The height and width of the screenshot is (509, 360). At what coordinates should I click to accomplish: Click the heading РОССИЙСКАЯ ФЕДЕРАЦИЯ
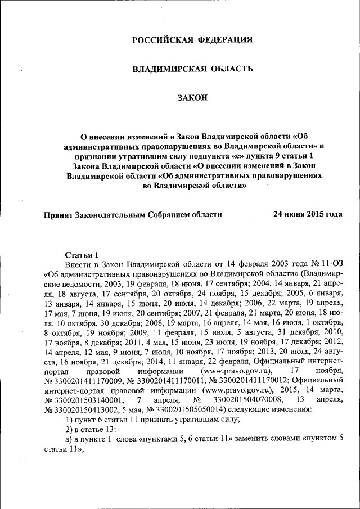coord(192,39)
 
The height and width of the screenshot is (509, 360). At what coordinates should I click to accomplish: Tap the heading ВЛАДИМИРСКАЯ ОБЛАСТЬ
coord(192,69)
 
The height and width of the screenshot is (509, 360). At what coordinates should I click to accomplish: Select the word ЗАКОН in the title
coord(192,98)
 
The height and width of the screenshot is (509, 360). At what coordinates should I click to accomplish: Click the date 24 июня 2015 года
coord(308,214)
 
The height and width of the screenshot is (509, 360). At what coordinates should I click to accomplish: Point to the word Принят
coord(59,214)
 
